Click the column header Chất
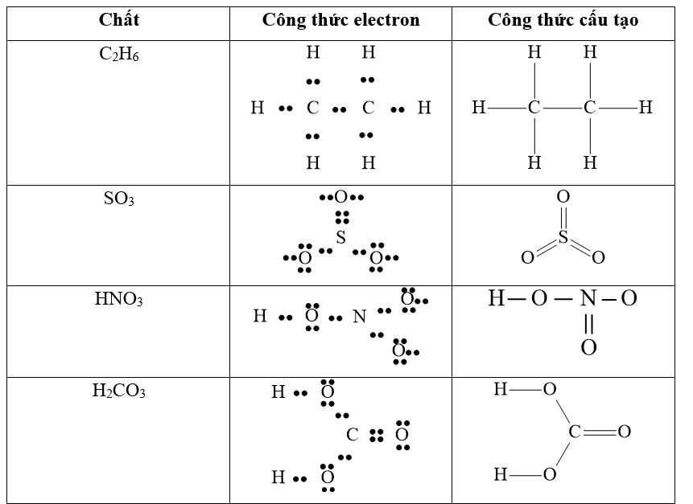[119, 20]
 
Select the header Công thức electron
[340, 20]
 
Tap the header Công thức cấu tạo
[563, 20]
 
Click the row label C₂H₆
[119, 55]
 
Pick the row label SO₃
[119, 199]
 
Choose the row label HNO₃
[119, 300]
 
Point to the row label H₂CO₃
[119, 391]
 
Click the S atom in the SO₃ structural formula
[563, 238]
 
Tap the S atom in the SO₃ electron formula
[341, 238]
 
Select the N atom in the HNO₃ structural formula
[588, 299]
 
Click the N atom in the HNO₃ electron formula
[360, 317]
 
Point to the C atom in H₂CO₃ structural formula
[575, 432]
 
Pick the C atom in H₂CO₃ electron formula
[352, 435]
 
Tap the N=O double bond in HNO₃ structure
[588, 324]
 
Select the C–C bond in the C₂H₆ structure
[562, 107]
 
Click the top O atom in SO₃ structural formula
[563, 196]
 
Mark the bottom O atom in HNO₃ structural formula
[588, 348]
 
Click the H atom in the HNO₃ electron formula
[260, 316]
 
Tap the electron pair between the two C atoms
[340, 109]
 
